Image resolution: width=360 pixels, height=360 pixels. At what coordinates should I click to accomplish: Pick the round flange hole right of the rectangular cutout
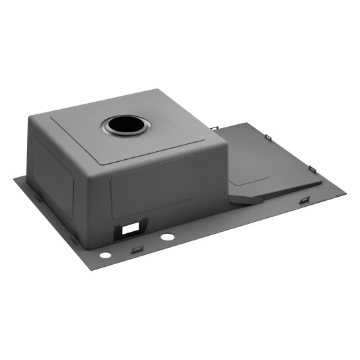168,236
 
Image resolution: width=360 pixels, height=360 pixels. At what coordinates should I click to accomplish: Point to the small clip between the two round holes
137,249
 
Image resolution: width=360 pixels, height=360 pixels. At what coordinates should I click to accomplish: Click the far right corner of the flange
345,194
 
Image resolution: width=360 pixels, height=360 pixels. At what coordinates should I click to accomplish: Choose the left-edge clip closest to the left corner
38,196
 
